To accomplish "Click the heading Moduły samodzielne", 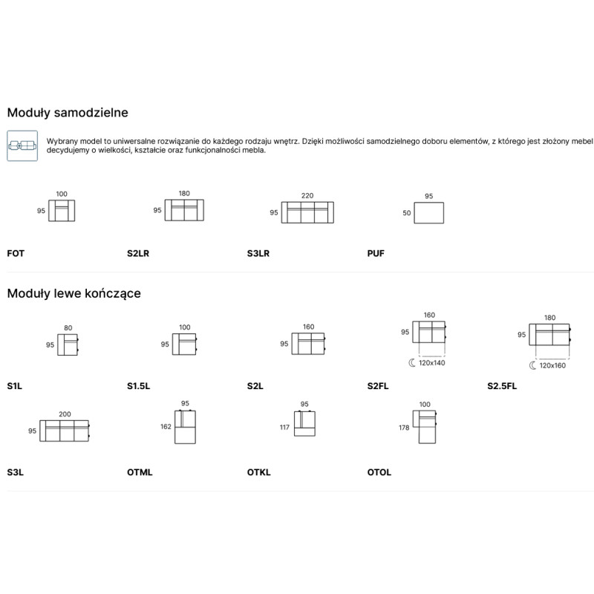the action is click(x=68, y=113).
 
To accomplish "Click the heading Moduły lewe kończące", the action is click(x=74, y=293).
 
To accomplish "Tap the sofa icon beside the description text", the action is click(x=22, y=146).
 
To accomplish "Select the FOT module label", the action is click(x=16, y=253).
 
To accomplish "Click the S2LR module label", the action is click(x=138, y=253).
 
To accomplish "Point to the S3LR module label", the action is click(x=258, y=253).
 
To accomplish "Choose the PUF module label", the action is click(x=376, y=253).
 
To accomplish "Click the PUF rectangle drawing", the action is click(x=429, y=213).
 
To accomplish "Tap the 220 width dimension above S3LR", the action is click(x=307, y=195).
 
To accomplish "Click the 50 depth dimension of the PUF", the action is click(x=406, y=213).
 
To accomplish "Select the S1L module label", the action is click(x=14, y=386).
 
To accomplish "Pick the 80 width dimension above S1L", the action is click(x=68, y=327).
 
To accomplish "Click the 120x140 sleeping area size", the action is click(x=431, y=363).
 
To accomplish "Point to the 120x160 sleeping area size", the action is click(x=552, y=365).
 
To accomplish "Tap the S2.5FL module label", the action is click(x=502, y=386).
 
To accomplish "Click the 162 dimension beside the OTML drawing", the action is click(x=166, y=426).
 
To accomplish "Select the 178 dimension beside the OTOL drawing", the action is click(x=404, y=428).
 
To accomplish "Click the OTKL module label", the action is click(x=258, y=472).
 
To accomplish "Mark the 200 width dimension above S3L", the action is click(x=65, y=414).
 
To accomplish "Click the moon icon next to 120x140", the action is click(x=412, y=363).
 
